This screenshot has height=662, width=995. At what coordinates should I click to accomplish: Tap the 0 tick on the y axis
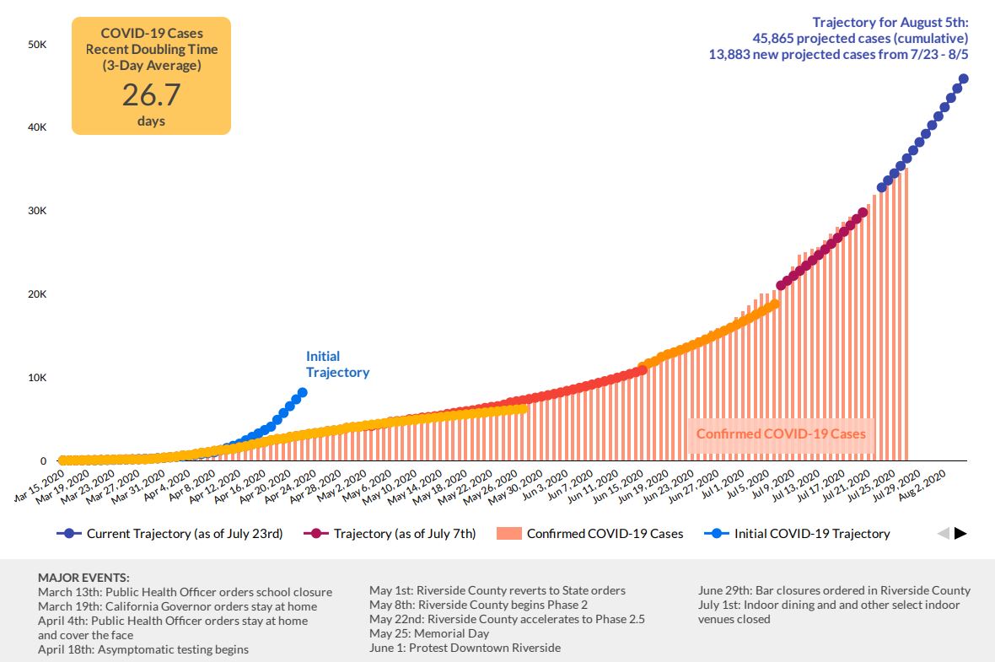[x=43, y=461]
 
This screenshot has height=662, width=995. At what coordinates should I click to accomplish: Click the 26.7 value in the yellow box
[x=151, y=94]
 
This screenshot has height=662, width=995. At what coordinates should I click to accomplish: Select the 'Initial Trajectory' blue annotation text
[x=336, y=364]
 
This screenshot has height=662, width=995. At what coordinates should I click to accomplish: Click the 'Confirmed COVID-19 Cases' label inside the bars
[x=780, y=434]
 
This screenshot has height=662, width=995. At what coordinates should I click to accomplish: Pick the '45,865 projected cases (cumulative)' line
[x=860, y=39]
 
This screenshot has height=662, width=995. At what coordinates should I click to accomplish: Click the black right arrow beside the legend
[x=960, y=534]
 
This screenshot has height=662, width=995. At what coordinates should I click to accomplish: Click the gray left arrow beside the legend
[x=944, y=534]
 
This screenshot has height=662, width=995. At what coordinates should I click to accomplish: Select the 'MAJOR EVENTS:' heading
[x=83, y=578]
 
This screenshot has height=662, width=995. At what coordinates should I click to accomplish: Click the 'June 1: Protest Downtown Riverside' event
[x=465, y=648]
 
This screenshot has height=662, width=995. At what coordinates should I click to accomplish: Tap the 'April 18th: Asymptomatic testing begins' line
[x=143, y=649]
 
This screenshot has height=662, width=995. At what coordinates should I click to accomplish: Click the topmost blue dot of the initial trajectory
[x=302, y=392]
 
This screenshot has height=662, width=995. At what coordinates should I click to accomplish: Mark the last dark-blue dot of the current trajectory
[x=963, y=79]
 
